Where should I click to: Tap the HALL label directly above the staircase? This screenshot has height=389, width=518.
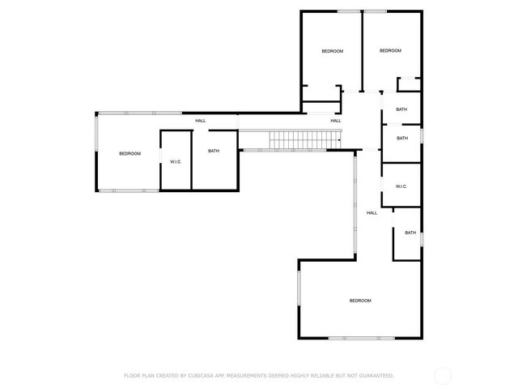[335, 121]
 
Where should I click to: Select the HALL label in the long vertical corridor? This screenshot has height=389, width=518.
[372, 213]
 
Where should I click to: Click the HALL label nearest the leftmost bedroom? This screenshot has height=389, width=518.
[200, 121]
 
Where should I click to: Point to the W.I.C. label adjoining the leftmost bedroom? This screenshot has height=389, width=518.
[176, 162]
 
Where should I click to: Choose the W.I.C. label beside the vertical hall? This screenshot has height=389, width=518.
[401, 186]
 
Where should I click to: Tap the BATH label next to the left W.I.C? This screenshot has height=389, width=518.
[214, 151]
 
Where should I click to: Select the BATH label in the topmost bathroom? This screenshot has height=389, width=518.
[401, 109]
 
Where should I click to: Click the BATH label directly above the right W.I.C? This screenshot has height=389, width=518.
[401, 138]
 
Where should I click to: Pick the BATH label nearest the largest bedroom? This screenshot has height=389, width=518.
[410, 233]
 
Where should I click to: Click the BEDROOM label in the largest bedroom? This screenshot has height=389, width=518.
[360, 301]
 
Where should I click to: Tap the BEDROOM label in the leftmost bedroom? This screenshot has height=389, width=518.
[130, 154]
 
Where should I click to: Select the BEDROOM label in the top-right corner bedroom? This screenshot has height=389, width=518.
[390, 51]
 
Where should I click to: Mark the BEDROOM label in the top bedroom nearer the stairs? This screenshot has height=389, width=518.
[333, 51]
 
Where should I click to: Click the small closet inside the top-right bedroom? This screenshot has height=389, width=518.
[410, 84]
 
